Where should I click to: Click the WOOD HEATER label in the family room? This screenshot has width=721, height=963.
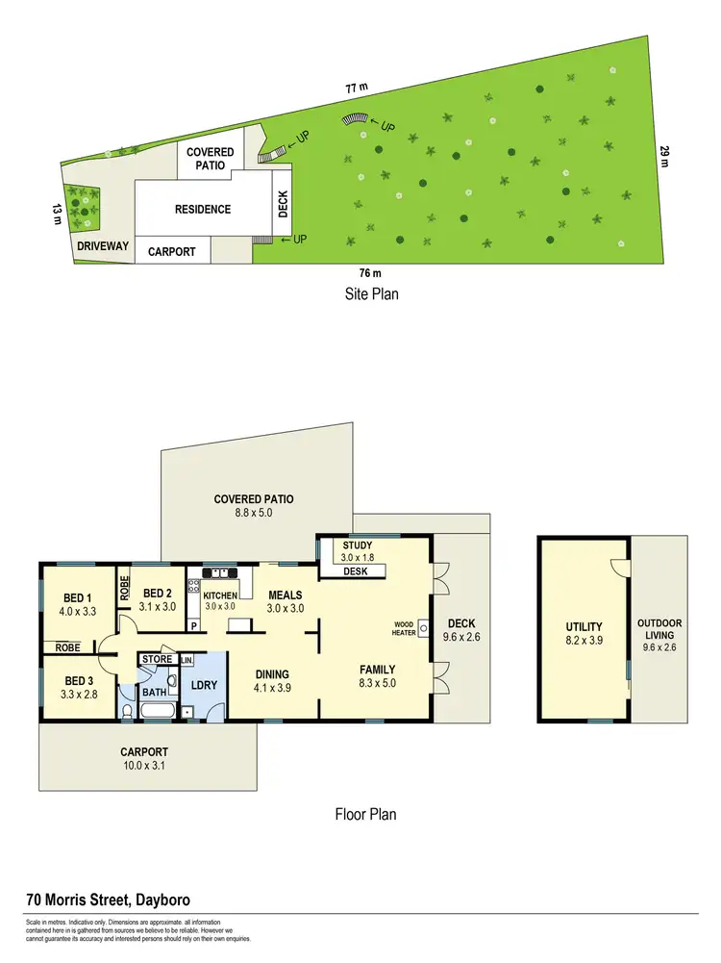coord(402,628)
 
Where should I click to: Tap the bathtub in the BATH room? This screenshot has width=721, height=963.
coord(157,712)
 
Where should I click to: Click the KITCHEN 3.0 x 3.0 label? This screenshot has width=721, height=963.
coord(220,601)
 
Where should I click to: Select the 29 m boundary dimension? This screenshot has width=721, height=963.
coord(662,157)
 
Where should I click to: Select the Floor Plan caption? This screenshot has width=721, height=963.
coord(365,814)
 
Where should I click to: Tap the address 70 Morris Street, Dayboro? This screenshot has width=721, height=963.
coord(108,900)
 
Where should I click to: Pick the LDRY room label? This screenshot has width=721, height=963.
coord(204,684)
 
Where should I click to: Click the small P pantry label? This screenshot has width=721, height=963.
coord(194,625)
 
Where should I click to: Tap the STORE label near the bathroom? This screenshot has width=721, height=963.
coord(157,659)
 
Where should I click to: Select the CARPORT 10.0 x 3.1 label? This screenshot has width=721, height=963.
coord(145,759)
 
